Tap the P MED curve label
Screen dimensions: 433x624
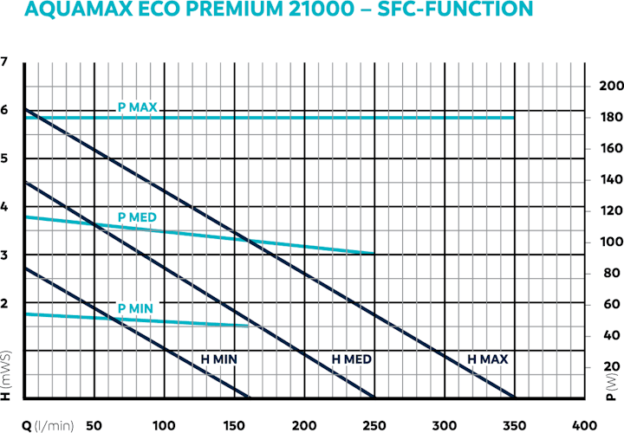(136, 216)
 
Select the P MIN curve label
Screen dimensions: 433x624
(135, 309)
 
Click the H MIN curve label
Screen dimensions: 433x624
(219, 359)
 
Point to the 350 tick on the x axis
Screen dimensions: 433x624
(514, 424)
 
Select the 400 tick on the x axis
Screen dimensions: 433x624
(584, 424)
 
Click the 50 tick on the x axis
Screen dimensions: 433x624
(95, 424)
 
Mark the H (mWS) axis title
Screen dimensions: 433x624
(7, 378)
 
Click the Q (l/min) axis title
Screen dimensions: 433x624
(49, 424)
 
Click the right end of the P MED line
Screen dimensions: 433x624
(374, 253)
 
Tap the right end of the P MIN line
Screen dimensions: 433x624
(248, 326)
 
